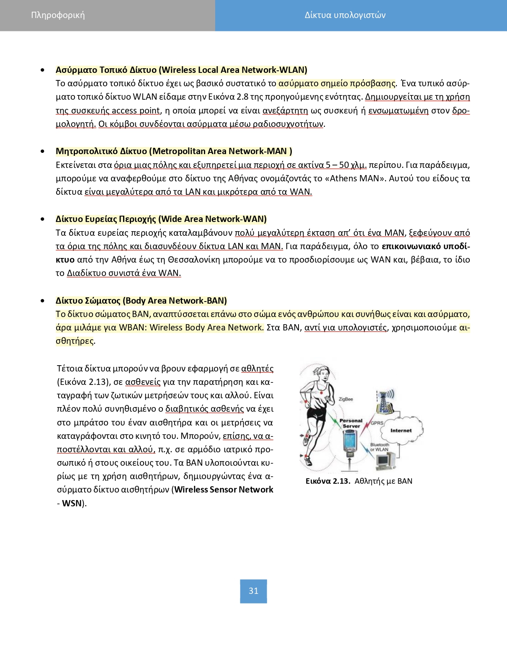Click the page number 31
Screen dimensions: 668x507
253,591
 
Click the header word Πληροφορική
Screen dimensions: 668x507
58,15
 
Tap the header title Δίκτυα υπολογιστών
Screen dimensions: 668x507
345,15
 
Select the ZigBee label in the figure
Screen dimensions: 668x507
346,399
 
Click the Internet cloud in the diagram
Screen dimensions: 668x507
401,430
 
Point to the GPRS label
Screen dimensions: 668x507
377,423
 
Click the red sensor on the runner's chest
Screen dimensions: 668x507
321,392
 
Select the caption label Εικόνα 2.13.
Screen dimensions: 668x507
328,481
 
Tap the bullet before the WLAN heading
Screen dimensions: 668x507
43,70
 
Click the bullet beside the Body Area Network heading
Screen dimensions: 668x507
43,301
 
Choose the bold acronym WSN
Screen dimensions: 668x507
72,503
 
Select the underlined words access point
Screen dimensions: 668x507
136,111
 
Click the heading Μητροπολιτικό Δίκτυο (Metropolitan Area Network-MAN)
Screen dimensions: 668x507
174,151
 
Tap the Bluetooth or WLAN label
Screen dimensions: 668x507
379,447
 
